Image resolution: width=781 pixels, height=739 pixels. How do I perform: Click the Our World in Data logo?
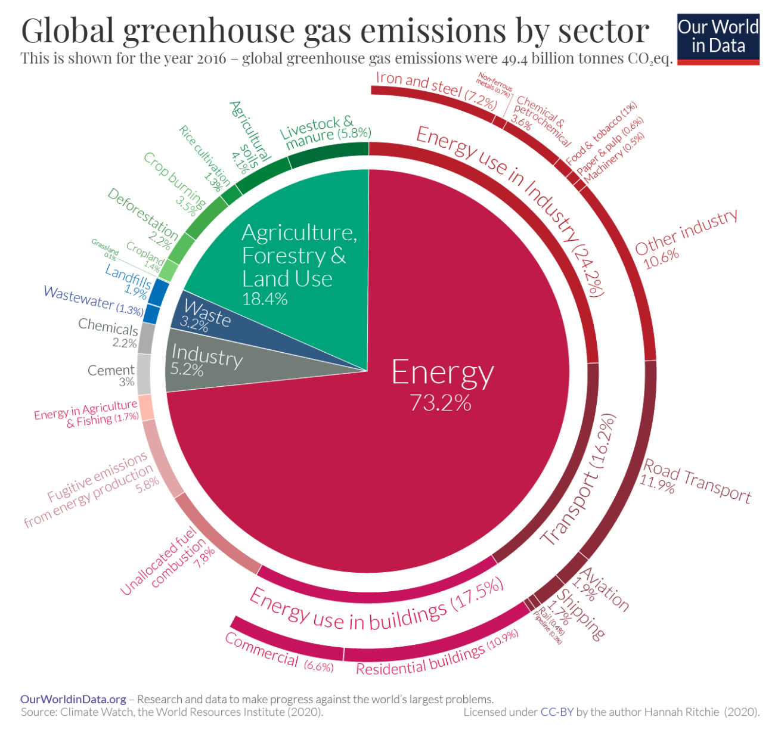point(718,39)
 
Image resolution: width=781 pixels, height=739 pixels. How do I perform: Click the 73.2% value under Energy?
point(441,403)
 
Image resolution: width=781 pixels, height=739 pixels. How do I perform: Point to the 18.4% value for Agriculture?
point(265,299)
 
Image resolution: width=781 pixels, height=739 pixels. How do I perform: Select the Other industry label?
point(686,232)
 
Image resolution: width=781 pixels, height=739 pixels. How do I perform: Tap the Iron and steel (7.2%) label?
point(436,89)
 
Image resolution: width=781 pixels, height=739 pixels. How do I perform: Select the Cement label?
point(111,371)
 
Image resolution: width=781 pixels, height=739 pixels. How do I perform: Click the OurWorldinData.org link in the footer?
point(73,699)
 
